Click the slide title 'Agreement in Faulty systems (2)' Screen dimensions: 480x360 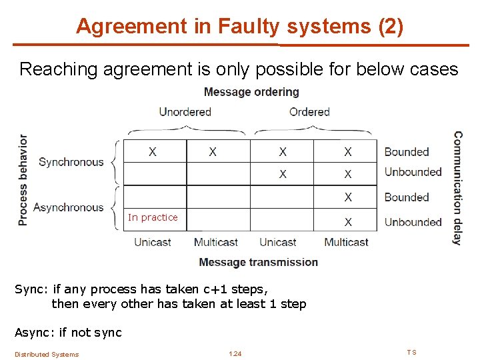pyautogui.click(x=239, y=26)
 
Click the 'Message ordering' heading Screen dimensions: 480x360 pyautogui.click(x=251, y=92)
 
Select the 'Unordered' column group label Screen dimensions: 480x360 pyautogui.click(x=185, y=111)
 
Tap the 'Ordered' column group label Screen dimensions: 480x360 pyautogui.click(x=309, y=111)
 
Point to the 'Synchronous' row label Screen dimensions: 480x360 pyautogui.click(x=71, y=162)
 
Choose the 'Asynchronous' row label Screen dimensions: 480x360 pyautogui.click(x=68, y=207)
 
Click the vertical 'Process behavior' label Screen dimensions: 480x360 pyautogui.click(x=24, y=180)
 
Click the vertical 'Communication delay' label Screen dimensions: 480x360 pyautogui.click(x=458, y=188)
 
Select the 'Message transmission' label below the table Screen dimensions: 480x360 pyautogui.click(x=258, y=262)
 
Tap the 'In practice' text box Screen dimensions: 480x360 pyautogui.click(x=153, y=217)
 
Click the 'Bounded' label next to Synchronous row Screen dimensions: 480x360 pyautogui.click(x=407, y=152)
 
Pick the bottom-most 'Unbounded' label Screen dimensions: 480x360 pyautogui.click(x=413, y=222)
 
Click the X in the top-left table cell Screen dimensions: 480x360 pyautogui.click(x=153, y=152)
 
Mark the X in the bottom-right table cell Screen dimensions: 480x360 pyautogui.click(x=348, y=222)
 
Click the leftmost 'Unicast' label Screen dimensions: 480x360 pyautogui.click(x=153, y=242)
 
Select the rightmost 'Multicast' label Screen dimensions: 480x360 pyautogui.click(x=347, y=242)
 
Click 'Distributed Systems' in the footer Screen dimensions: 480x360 pyautogui.click(x=47, y=354)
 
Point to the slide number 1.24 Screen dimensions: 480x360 pyautogui.click(x=235, y=353)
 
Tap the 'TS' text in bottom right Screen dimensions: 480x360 pyautogui.click(x=411, y=352)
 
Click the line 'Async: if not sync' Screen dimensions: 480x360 pyautogui.click(x=68, y=332)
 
